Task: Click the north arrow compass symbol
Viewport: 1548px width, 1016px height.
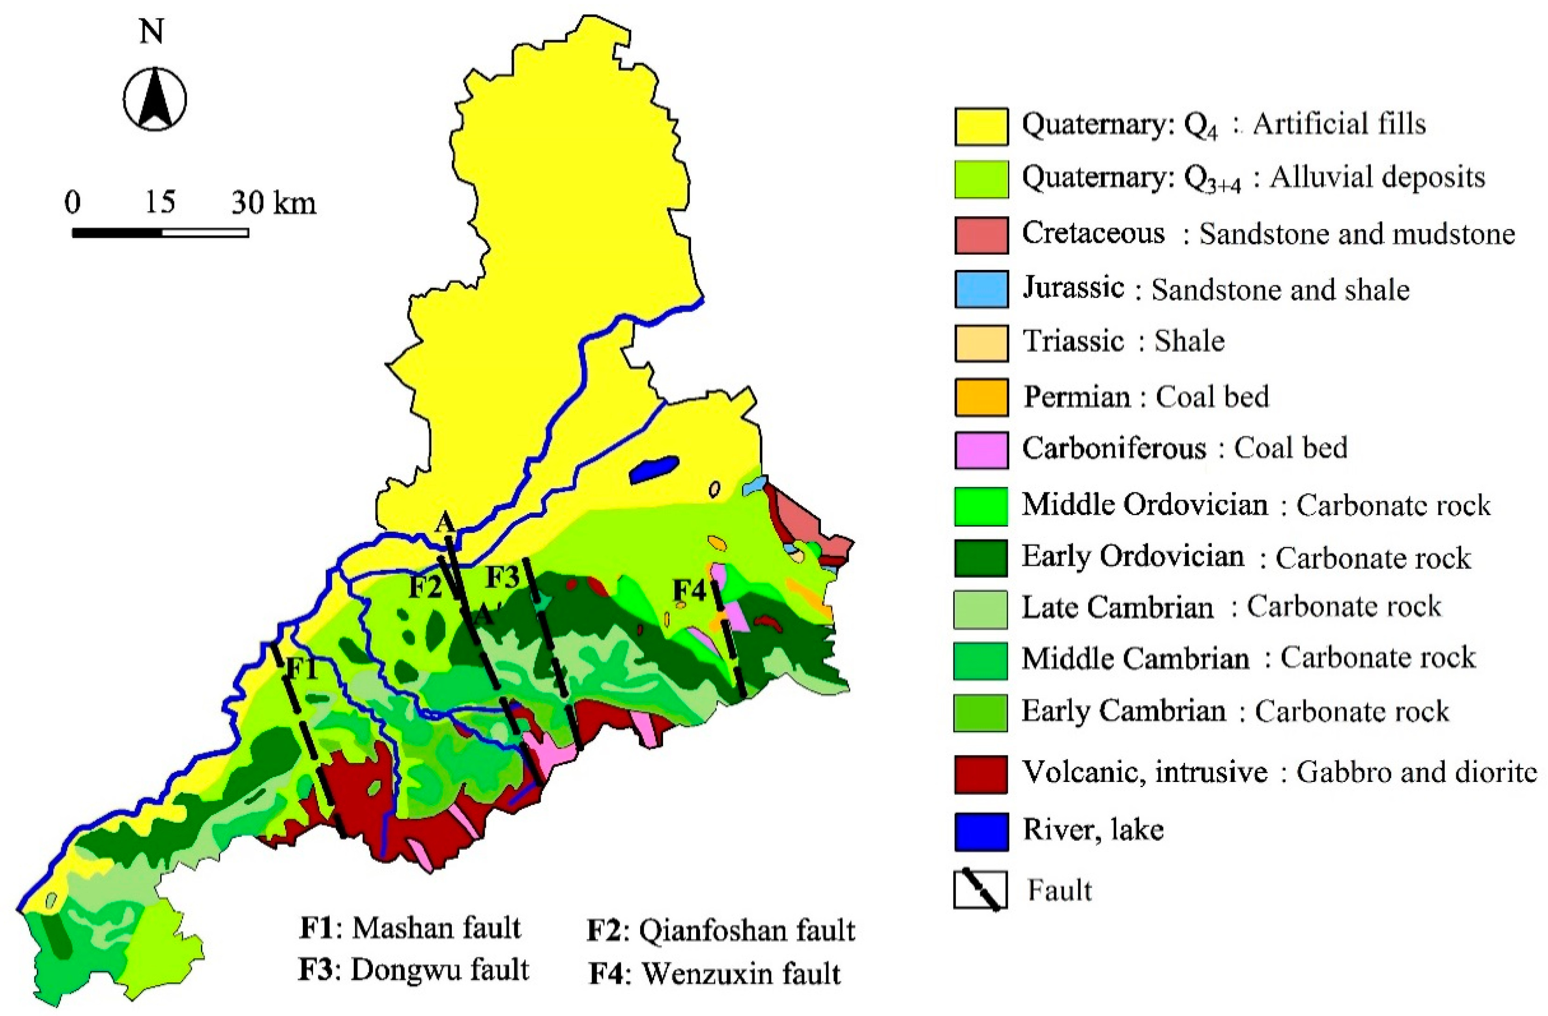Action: pos(155,99)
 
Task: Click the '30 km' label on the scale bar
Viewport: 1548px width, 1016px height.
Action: pos(274,202)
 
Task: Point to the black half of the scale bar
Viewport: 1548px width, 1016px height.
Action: pos(117,232)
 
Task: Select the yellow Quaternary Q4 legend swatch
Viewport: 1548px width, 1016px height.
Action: pos(981,127)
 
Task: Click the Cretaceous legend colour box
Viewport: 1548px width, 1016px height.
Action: pos(981,235)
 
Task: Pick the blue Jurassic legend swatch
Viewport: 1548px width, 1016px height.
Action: pos(981,289)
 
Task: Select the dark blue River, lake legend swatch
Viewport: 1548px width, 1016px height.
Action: pos(981,832)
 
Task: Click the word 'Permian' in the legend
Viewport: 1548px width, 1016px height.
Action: pos(1077,397)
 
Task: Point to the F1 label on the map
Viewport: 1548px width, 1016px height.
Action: pos(302,668)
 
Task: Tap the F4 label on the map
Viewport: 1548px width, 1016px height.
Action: pos(689,590)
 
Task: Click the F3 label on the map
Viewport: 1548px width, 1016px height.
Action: pos(503,576)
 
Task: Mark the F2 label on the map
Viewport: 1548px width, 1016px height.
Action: pos(425,587)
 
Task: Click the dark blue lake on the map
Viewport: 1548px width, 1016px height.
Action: pos(654,469)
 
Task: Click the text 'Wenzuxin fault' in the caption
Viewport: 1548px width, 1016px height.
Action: pos(742,973)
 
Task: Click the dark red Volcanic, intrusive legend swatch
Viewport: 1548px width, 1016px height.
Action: pos(981,774)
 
